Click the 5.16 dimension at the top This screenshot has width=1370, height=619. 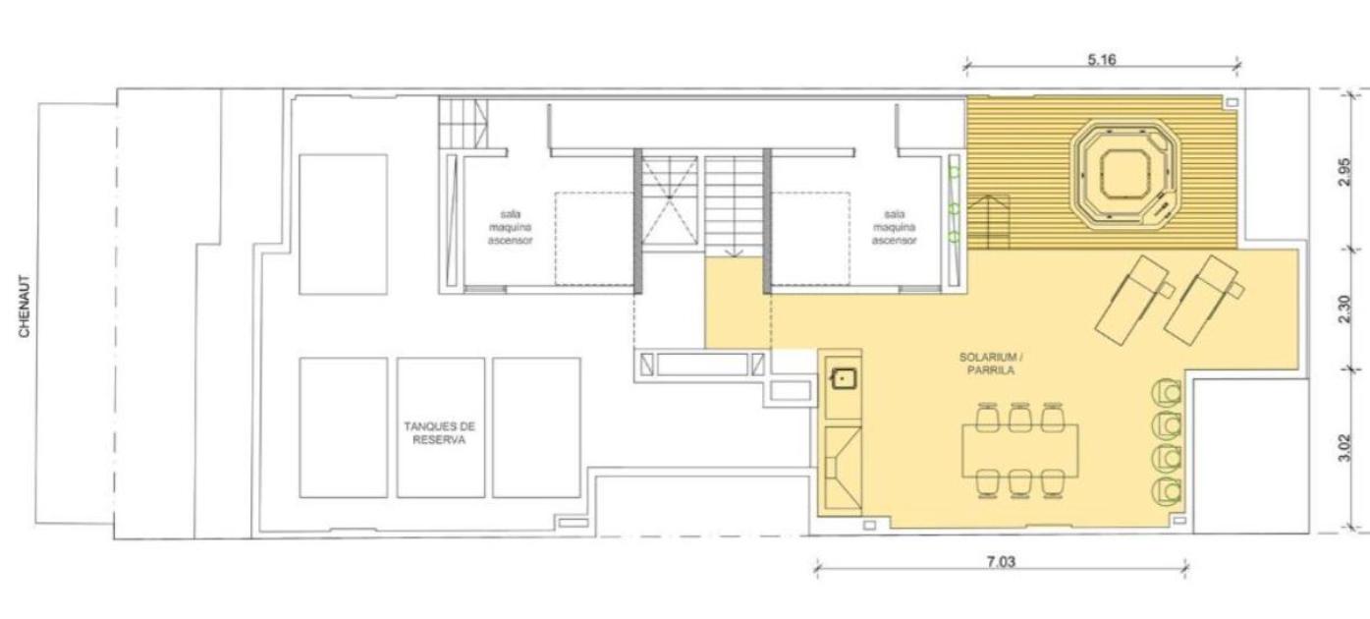[x=1102, y=60]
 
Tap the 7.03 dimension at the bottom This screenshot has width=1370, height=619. [x=1001, y=561]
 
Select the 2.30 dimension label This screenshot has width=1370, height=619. [x=1343, y=309]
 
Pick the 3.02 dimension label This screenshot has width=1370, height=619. [x=1343, y=448]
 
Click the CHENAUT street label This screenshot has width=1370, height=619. [x=25, y=307]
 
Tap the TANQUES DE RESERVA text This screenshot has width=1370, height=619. [x=439, y=433]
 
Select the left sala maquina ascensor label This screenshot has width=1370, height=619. [x=510, y=228]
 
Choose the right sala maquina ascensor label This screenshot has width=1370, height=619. [x=894, y=228]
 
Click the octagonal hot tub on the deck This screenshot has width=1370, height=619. [x=1125, y=174]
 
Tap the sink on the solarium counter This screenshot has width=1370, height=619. [x=843, y=379]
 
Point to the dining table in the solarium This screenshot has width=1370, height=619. [x=1019, y=451]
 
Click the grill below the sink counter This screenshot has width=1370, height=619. [x=843, y=468]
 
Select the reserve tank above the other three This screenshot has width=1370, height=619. [x=343, y=224]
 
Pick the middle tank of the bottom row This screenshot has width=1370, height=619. [x=440, y=427]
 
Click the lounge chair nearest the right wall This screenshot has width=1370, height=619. [x=1204, y=300]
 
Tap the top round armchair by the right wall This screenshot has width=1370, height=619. [x=1167, y=392]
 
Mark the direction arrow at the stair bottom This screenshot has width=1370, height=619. [x=734, y=252]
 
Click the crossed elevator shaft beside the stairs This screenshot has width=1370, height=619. [x=670, y=200]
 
